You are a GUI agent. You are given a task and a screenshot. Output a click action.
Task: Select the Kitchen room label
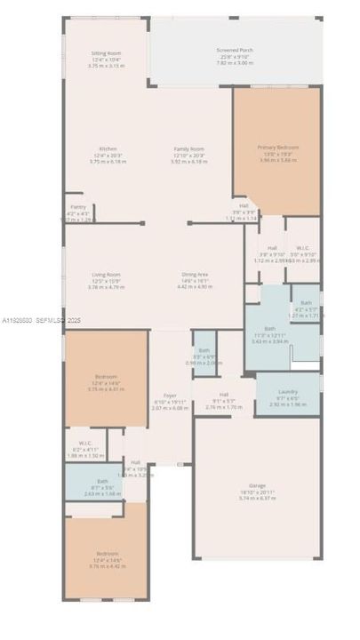(108, 148)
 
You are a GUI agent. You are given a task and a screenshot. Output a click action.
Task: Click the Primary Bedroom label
(278, 147)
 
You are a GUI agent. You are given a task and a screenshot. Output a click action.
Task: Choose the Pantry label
(79, 206)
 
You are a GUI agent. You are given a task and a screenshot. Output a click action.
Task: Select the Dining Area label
(195, 275)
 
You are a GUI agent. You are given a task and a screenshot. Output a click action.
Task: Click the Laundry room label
(287, 391)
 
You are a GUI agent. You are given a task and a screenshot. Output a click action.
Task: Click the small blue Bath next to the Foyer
(204, 351)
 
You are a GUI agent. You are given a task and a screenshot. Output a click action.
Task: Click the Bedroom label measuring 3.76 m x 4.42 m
(106, 554)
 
